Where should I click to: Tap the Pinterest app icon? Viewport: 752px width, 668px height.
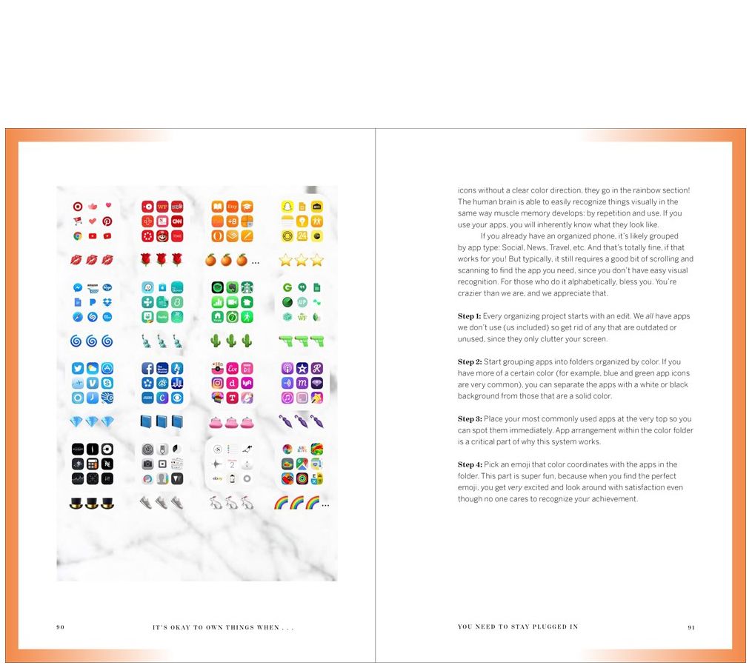[107, 221]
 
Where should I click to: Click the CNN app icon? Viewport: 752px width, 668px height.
[177, 221]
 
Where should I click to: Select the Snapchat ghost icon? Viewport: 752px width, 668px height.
[287, 207]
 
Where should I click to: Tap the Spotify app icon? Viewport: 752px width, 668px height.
[218, 287]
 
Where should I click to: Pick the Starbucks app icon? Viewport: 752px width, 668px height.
[247, 287]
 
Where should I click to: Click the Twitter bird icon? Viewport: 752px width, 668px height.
[77, 368]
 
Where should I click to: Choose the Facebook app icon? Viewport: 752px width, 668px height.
[147, 368]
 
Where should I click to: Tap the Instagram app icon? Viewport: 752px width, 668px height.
[218, 383]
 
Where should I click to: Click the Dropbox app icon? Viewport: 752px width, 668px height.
[107, 302]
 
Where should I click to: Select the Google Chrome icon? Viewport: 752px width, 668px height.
[77, 236]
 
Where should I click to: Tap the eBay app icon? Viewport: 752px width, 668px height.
[218, 478]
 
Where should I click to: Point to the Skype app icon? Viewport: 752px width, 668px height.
[107, 383]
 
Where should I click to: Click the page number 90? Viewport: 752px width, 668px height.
[61, 627]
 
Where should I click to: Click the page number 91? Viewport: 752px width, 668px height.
[691, 627]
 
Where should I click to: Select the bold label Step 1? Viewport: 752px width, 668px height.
[469, 316]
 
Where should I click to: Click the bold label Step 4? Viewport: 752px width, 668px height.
[470, 465]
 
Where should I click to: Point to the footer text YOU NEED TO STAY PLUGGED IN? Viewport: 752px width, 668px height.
[518, 627]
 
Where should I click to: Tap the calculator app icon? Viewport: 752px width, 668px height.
[93, 464]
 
